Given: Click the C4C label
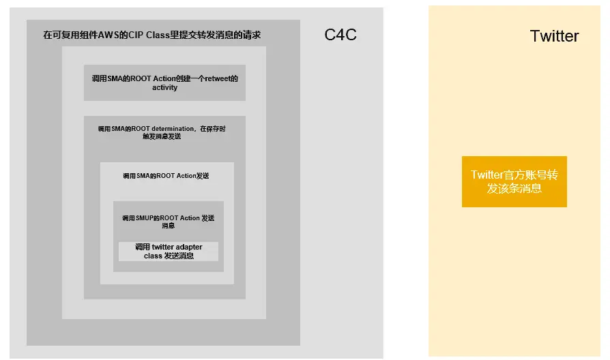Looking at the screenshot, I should pos(340,35).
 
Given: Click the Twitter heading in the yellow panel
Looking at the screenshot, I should pos(554,36).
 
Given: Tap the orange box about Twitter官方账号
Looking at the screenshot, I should pos(514,181).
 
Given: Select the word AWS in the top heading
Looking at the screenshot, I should pos(108,35).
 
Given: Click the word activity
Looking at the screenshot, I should pos(164,87).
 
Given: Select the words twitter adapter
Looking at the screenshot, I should pos(177,247).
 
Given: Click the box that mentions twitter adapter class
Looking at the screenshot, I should pos(169,251).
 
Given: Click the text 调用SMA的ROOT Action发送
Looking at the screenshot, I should pos(166,176).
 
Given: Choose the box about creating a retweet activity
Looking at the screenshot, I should pos(164,82).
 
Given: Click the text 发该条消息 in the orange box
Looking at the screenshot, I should pos(514,188).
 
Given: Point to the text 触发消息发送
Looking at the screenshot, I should pos(162,136).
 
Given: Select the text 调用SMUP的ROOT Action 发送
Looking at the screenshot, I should pos(168,218).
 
